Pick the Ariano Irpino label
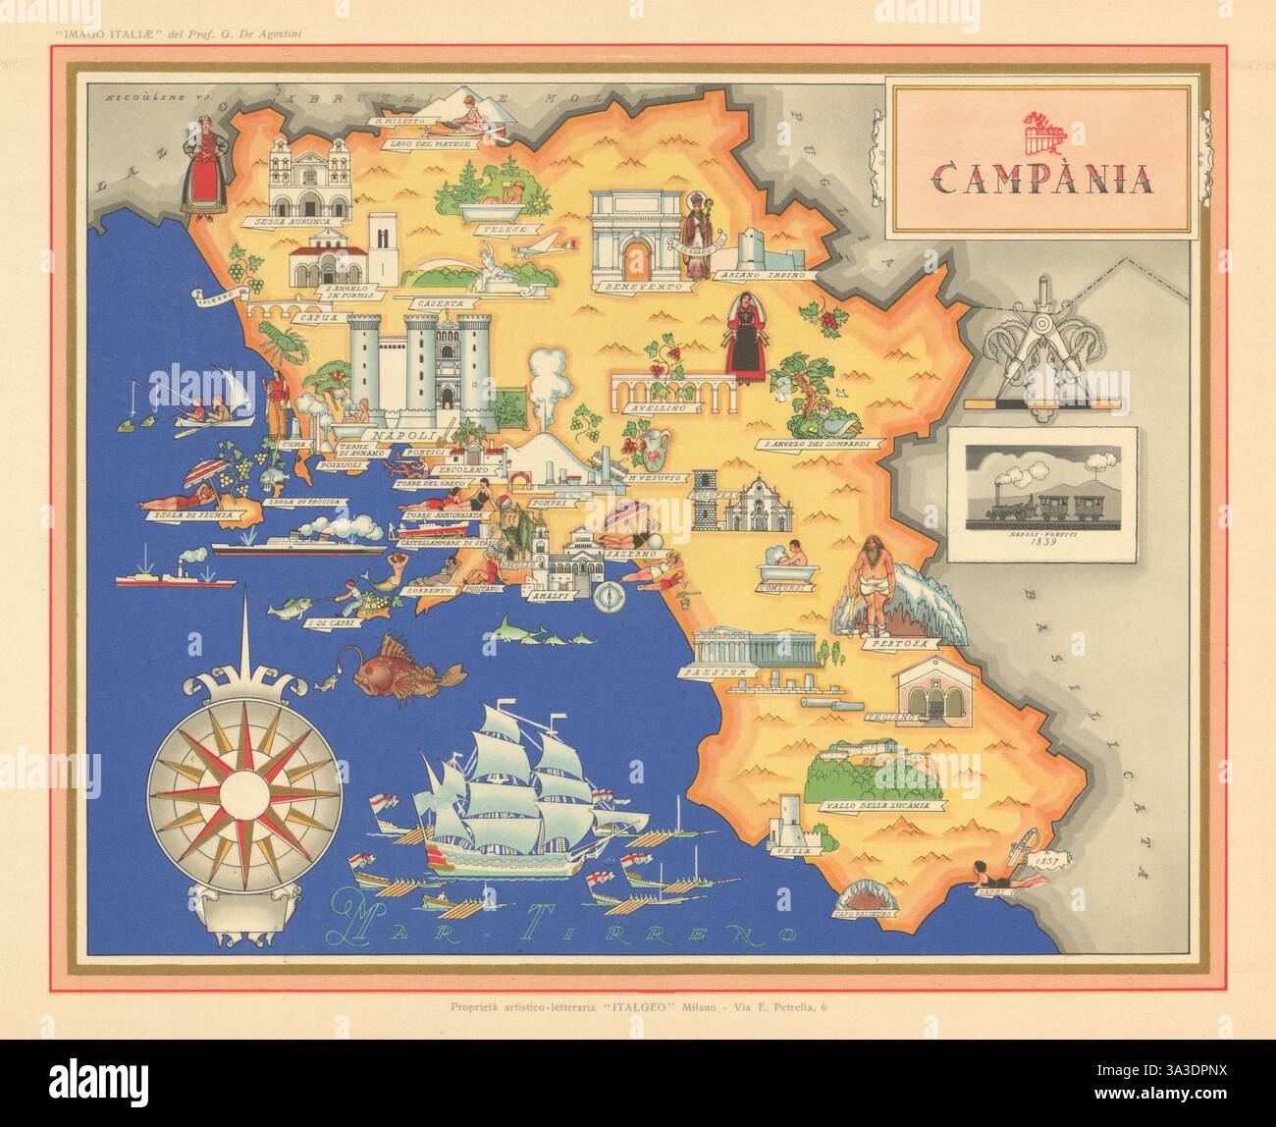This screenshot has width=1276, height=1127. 772,276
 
